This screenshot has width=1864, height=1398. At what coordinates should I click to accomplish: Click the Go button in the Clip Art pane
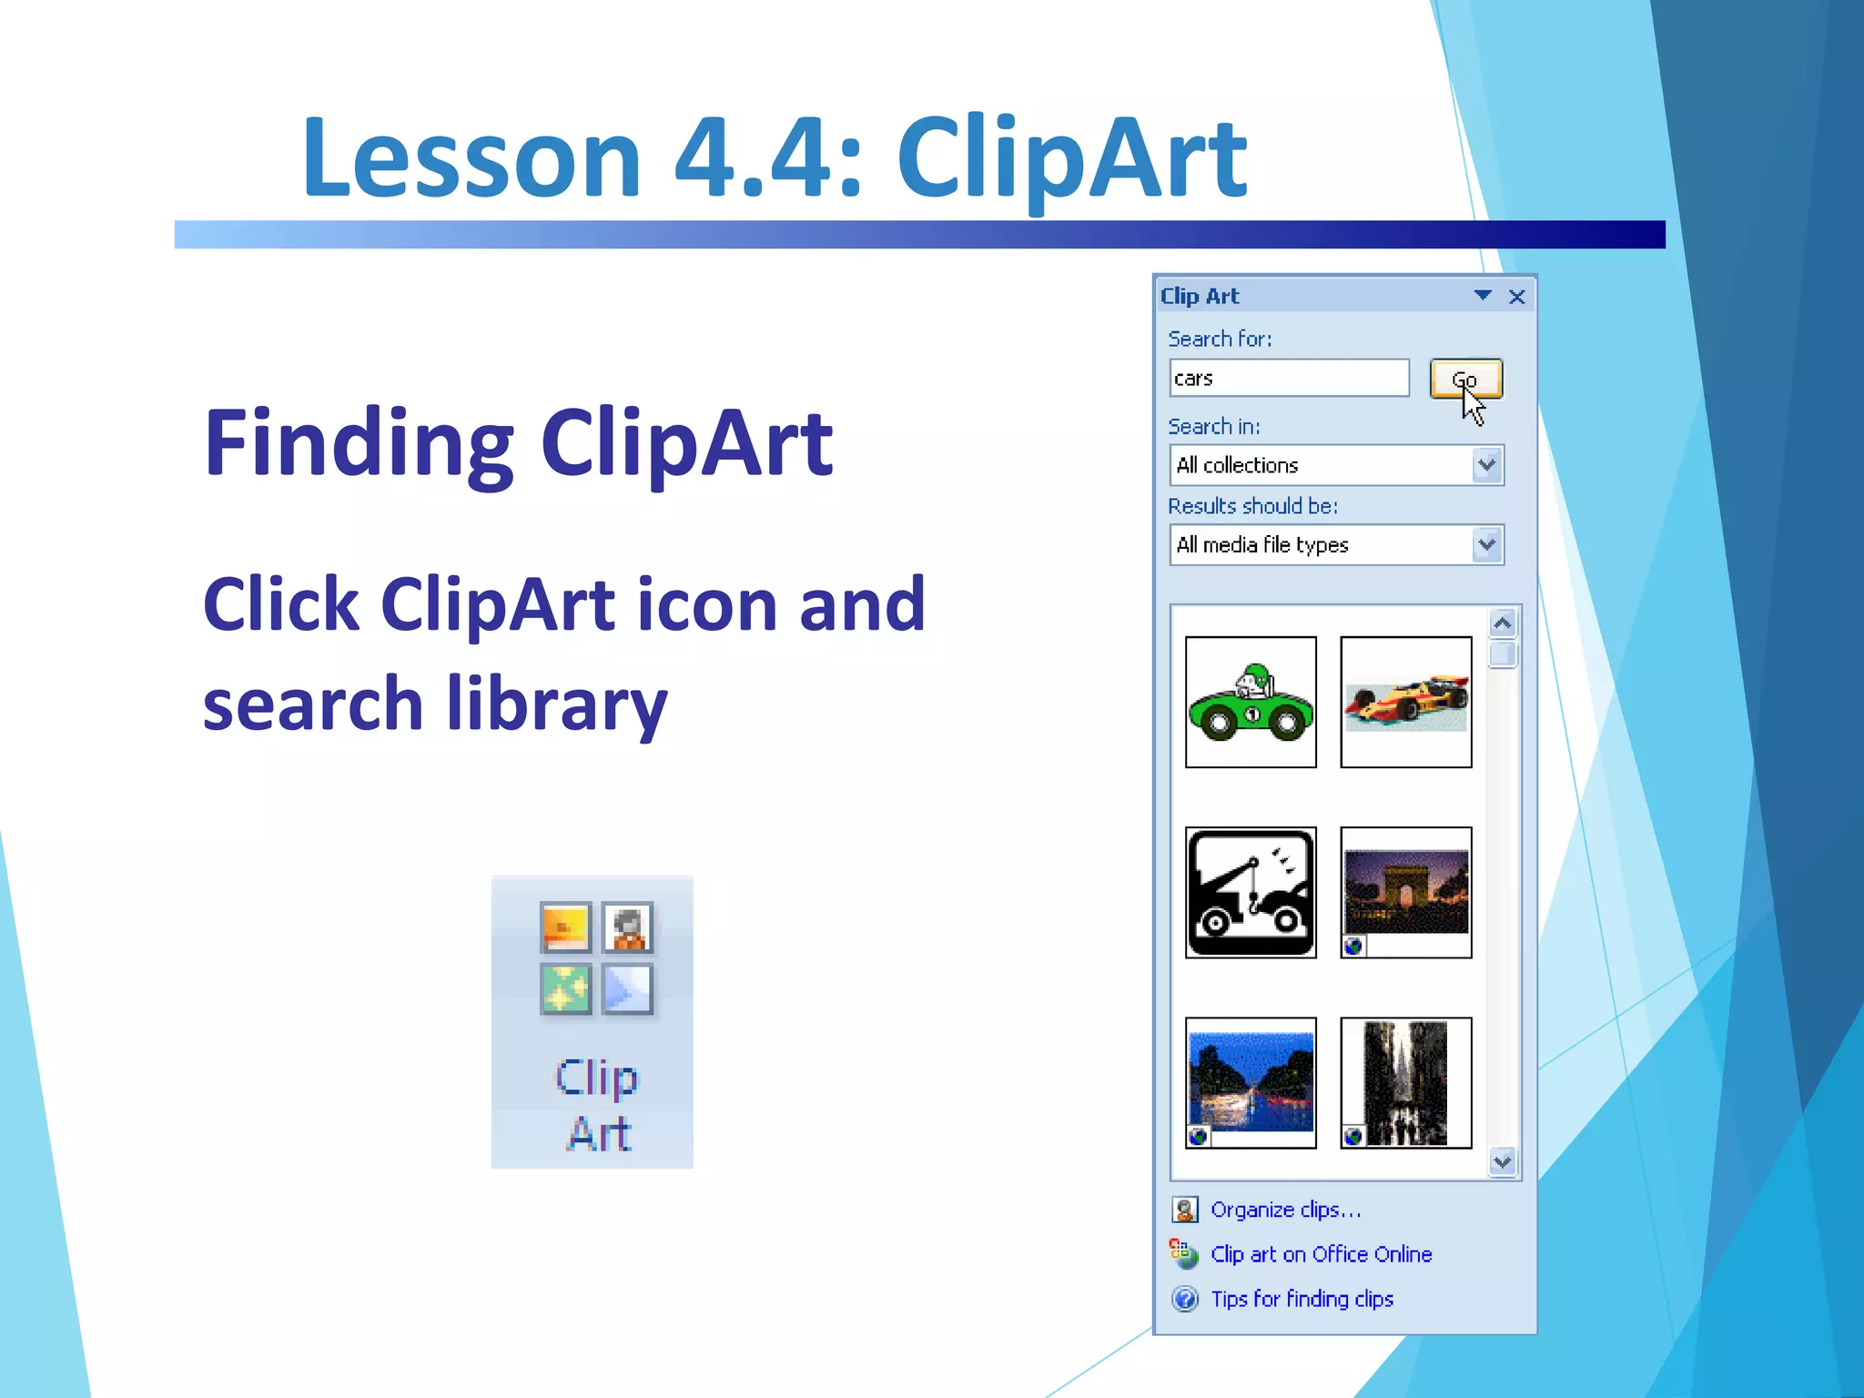tap(1465, 379)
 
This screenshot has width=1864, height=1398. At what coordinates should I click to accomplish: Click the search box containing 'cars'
tap(1288, 379)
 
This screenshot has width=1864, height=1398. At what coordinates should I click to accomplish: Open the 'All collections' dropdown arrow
tap(1487, 465)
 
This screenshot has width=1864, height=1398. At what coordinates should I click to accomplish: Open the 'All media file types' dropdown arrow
tap(1487, 545)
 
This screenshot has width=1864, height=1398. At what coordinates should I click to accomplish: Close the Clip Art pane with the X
tap(1516, 297)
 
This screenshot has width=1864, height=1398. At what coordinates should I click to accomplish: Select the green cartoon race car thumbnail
tap(1251, 702)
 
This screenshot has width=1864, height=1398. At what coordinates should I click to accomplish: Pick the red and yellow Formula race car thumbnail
tap(1405, 702)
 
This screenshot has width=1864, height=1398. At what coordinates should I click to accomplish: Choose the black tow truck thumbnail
tap(1251, 892)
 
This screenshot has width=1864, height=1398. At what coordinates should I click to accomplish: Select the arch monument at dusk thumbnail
tap(1405, 892)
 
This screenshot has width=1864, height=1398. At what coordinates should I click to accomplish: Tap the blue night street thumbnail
tap(1251, 1082)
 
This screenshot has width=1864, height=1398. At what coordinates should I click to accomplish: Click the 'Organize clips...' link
tap(1285, 1210)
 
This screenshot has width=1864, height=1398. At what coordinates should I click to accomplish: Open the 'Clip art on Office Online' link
tap(1321, 1254)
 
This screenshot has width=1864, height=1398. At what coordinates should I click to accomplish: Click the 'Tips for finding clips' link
tap(1302, 1299)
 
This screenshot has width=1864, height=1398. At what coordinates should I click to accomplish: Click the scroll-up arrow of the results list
tap(1503, 623)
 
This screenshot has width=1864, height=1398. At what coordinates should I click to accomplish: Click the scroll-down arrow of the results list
tap(1503, 1161)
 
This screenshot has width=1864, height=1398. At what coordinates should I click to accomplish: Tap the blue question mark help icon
tap(1185, 1299)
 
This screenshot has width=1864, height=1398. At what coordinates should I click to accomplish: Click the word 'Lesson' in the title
tap(471, 158)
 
